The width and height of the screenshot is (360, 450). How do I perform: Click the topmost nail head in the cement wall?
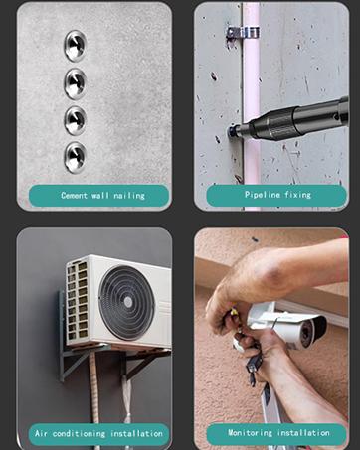point(76,46)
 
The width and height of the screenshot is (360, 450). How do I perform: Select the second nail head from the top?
point(76,83)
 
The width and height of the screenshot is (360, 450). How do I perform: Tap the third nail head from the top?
point(76,120)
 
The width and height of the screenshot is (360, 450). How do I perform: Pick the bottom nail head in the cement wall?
point(76,157)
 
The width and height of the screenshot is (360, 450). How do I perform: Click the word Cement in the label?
point(74,195)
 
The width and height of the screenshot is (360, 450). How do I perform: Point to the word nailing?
point(129,196)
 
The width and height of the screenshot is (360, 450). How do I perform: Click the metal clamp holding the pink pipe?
point(243,33)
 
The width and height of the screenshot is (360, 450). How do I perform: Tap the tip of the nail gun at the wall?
point(231,131)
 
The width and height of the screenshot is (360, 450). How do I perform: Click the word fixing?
point(298,195)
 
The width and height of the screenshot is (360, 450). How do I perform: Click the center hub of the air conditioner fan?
point(127,302)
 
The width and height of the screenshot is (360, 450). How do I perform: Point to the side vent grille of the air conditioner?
point(77,300)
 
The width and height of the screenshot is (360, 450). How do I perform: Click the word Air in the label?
point(41,433)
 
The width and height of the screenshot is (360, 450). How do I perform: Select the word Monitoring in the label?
point(250,433)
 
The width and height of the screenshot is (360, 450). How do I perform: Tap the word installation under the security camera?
point(303,433)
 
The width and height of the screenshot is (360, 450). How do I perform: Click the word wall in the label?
point(100,195)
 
